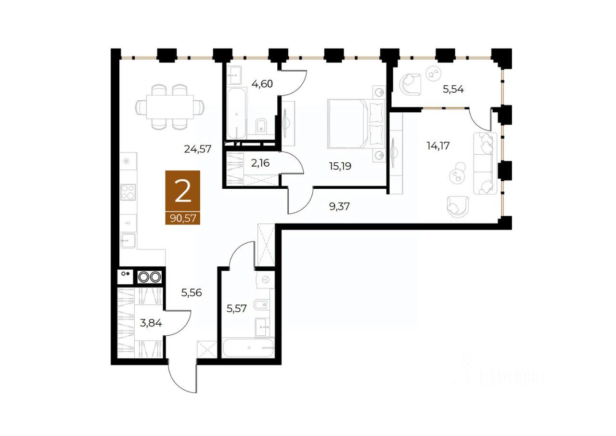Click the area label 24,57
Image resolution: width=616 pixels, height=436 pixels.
(198, 149)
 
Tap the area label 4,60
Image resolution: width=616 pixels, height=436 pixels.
(262, 84)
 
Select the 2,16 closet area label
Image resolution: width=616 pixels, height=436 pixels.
(260, 163)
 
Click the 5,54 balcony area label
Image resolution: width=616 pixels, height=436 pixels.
(453, 89)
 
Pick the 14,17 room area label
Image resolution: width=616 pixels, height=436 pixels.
(438, 145)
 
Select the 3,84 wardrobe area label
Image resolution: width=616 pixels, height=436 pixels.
(151, 323)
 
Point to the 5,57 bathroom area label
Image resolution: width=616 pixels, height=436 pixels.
(237, 308)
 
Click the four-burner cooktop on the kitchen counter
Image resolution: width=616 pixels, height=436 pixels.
(128, 192)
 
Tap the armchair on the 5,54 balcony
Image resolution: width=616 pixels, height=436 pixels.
(411, 83)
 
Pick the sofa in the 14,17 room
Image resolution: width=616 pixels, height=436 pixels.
(485, 163)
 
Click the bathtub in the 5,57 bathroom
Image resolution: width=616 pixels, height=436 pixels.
(248, 348)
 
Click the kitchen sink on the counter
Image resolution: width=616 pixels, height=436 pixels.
(128, 239)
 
